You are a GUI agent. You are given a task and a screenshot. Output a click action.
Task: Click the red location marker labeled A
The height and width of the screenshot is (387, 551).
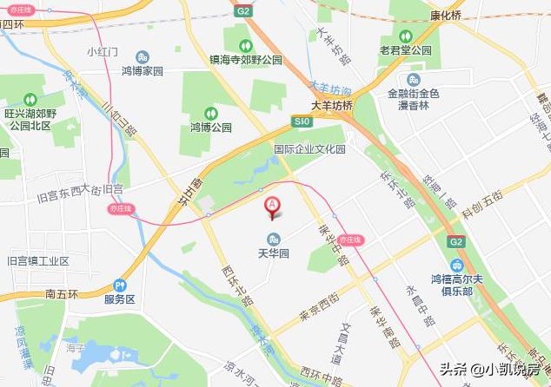click(272, 207)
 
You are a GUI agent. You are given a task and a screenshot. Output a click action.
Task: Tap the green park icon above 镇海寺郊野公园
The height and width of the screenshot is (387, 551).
click(246, 45)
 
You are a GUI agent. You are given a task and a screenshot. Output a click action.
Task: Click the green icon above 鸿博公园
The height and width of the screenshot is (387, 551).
click(209, 112)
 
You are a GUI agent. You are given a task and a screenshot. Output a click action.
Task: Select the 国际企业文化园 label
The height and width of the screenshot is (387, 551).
click(309, 149)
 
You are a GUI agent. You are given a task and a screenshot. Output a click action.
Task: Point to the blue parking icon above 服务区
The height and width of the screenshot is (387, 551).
click(120, 284)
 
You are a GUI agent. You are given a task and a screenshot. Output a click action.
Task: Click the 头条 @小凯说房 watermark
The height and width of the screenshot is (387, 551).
click(490, 369)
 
